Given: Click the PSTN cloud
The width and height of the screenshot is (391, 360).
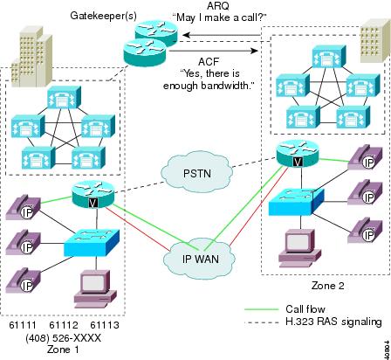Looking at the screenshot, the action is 197,172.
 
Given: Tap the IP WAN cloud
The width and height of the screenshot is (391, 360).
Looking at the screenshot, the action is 200,258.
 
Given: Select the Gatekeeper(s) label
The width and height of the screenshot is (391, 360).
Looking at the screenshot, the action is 103,16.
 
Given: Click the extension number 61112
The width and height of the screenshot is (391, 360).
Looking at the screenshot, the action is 64,325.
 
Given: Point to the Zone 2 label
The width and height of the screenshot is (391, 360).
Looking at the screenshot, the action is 328,286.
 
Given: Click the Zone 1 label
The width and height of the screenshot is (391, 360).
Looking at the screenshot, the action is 63,350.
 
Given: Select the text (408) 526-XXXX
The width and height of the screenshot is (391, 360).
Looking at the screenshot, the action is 64,338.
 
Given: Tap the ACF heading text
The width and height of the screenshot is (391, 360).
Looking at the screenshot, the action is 209,62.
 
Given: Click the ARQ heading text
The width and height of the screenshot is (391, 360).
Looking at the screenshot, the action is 218,5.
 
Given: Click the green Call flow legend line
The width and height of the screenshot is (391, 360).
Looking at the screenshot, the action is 262,309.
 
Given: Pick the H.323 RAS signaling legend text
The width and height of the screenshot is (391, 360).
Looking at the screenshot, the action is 333,322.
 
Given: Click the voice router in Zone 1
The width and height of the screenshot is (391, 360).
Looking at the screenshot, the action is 93,194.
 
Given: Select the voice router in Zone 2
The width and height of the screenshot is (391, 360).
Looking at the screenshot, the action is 298,154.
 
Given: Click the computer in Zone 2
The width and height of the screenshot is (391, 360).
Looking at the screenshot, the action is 300,248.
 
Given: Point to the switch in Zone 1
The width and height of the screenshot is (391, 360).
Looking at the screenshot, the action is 92,243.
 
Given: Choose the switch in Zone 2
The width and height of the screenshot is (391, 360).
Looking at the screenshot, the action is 296,202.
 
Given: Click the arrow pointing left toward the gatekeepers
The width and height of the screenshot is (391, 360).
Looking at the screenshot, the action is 222,36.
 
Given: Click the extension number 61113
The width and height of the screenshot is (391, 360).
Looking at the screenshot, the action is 105,325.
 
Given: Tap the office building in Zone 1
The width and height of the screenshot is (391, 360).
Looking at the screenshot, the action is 31,57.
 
